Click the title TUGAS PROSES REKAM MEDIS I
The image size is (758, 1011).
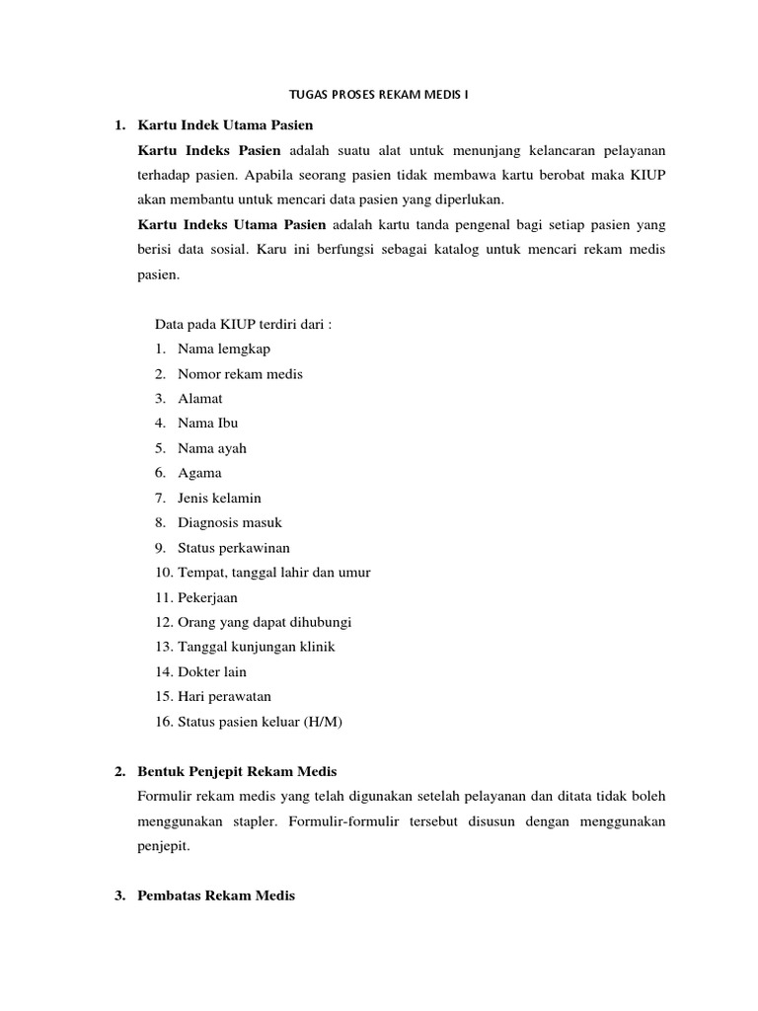[x=379, y=96]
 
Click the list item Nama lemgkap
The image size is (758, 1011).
[x=224, y=349]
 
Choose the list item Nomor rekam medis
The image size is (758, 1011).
[x=240, y=374]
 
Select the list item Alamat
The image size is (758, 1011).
[x=200, y=399]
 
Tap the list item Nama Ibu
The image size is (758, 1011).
[x=208, y=424]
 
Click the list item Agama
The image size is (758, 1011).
[x=199, y=474]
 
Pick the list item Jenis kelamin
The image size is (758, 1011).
[x=219, y=499]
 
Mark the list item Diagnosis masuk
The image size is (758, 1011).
[x=230, y=523]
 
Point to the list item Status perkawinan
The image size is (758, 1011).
[x=234, y=548]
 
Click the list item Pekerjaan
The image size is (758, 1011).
[x=207, y=597]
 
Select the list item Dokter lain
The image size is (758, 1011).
[x=212, y=672]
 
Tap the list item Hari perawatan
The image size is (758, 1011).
[x=224, y=697]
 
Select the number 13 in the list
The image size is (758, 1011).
[x=163, y=648]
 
